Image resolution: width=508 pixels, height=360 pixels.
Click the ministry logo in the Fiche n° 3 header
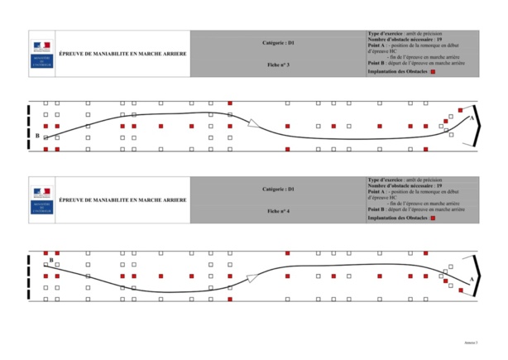(41, 49)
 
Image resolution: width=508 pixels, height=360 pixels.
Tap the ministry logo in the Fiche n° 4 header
(41, 199)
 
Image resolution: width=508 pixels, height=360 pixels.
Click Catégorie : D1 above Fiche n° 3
(279, 41)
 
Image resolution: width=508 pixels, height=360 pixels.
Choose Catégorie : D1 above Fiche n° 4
(279, 190)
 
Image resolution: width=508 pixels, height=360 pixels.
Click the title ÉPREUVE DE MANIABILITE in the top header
(122, 55)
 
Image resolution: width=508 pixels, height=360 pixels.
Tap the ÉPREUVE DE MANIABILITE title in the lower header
(122, 200)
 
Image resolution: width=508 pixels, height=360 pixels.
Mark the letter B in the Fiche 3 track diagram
(37, 134)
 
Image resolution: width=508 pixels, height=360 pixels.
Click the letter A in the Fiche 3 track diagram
(471, 119)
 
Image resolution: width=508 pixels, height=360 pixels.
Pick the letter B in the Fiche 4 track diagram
(51, 260)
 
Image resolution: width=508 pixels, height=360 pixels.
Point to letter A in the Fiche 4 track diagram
(471, 281)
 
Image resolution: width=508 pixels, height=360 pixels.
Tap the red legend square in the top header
(433, 72)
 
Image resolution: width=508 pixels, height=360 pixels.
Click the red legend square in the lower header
(433, 219)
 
